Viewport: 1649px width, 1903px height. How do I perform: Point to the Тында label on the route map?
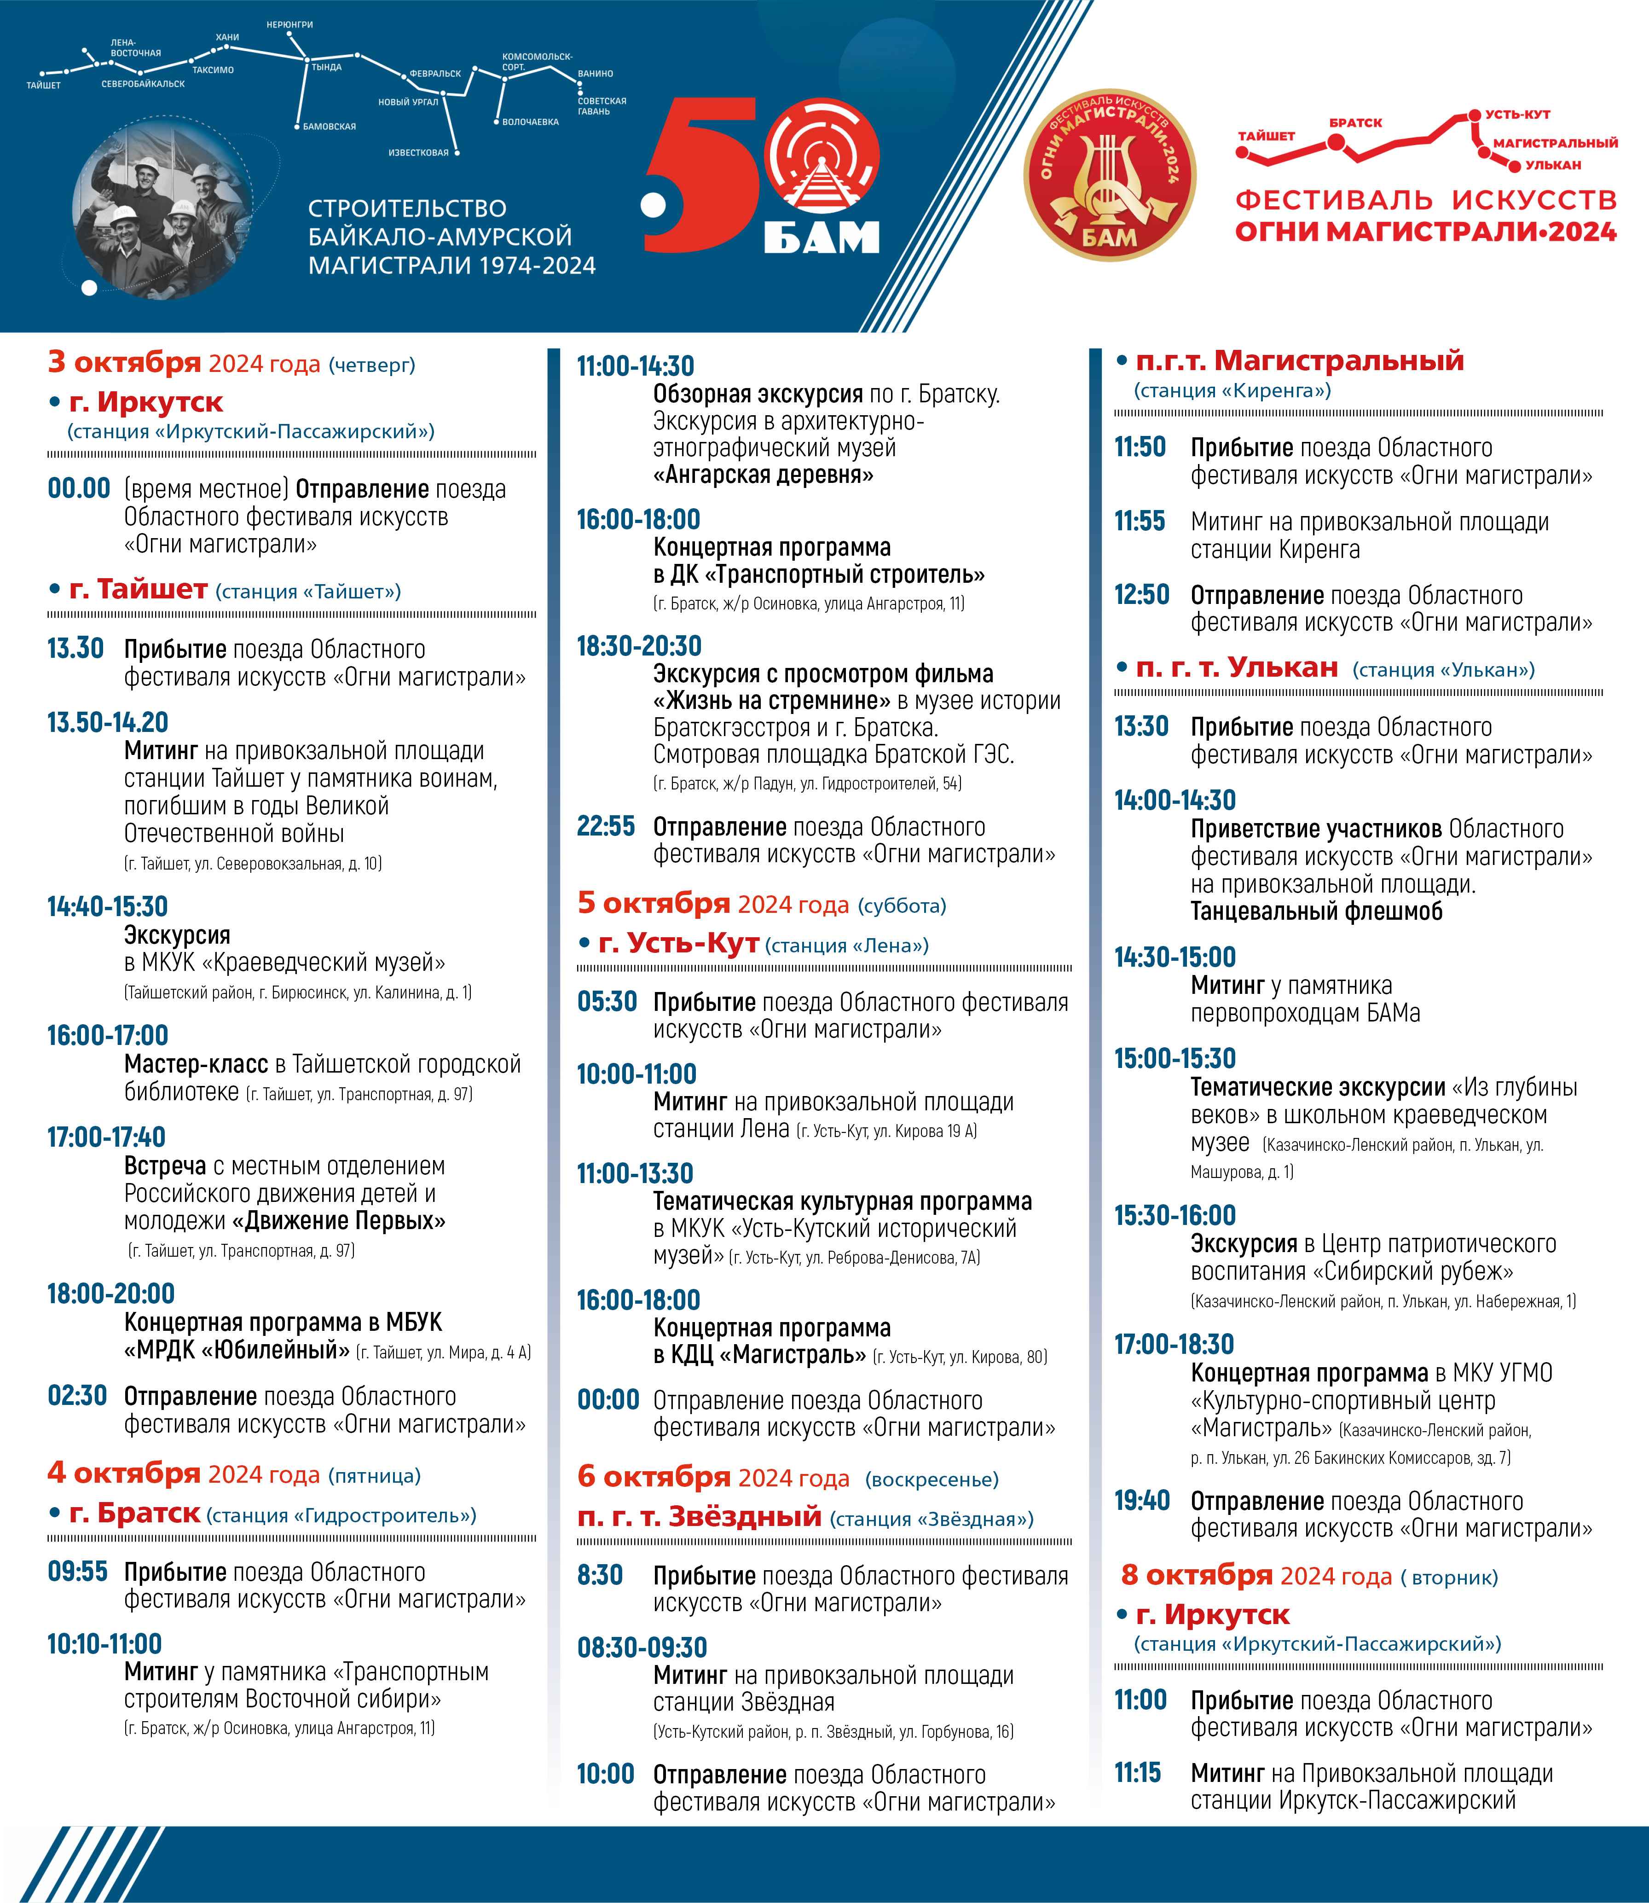[x=327, y=67]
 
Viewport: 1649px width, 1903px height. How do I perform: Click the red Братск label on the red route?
[x=1355, y=122]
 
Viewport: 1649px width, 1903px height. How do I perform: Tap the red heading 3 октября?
[x=124, y=363]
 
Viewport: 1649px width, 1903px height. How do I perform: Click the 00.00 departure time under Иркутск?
[x=79, y=488]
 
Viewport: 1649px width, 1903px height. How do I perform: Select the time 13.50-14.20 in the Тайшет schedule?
[x=108, y=722]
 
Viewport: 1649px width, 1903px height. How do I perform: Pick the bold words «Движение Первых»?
[x=339, y=1221]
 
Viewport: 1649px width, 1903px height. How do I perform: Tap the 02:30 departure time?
[x=77, y=1396]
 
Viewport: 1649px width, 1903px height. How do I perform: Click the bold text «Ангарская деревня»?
[x=763, y=475]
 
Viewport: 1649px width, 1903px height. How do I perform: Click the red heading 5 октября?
[x=654, y=903]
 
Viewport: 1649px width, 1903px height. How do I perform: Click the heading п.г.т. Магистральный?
[x=1299, y=361]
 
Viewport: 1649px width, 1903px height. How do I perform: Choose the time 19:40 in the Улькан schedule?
[x=1142, y=1501]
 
